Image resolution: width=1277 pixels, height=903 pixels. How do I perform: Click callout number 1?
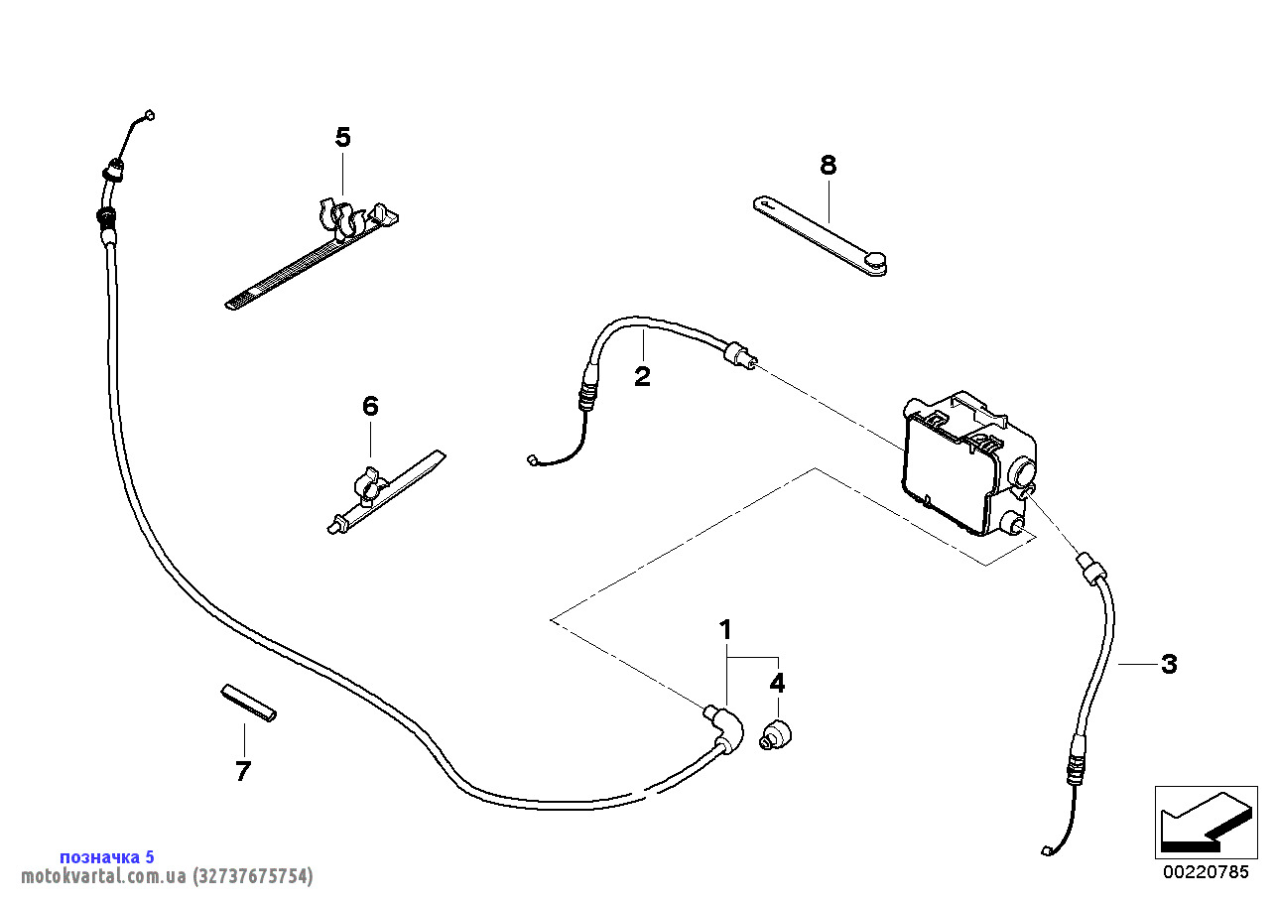[x=725, y=629]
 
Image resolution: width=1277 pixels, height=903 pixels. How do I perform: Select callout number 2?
[x=643, y=377]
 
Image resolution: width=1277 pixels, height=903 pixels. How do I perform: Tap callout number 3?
[x=1169, y=665]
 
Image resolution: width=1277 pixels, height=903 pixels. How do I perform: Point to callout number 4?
[x=778, y=683]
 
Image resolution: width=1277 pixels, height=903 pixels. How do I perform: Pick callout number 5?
[x=342, y=137]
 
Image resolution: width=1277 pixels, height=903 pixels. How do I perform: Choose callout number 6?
[x=370, y=406]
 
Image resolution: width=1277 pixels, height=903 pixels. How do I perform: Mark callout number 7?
[x=243, y=771]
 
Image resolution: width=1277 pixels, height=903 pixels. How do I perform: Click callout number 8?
[x=829, y=165]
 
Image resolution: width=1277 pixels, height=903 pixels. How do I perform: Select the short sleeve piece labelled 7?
[x=248, y=702]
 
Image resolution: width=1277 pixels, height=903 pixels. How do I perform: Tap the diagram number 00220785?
[x=1206, y=873]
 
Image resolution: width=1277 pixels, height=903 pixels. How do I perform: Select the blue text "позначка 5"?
[x=107, y=856]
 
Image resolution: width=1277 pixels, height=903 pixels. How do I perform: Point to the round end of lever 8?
[x=875, y=262]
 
